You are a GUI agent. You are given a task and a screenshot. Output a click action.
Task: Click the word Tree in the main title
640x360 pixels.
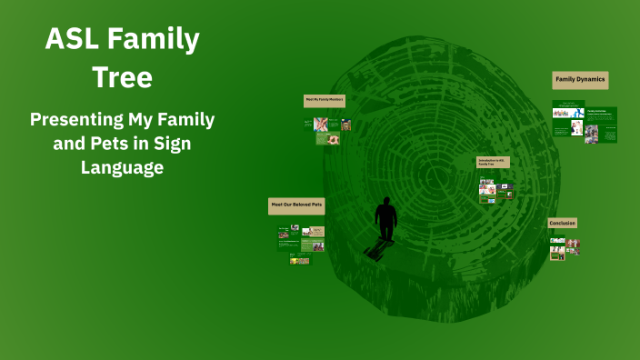click(x=122, y=77)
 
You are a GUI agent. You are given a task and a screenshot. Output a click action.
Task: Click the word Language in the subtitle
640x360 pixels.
click(x=122, y=167)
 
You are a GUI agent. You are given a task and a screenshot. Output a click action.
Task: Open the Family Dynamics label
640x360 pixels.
click(x=580, y=80)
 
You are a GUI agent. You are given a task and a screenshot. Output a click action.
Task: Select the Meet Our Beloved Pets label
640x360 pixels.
click(x=296, y=206)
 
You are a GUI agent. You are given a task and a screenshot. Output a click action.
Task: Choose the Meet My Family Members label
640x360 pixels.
click(x=324, y=100)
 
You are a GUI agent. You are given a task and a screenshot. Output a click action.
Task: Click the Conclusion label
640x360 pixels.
click(x=562, y=223)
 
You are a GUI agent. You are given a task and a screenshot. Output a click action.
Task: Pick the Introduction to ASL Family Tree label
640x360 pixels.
click(x=493, y=162)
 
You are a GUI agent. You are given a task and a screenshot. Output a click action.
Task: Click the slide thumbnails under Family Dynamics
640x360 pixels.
click(x=584, y=125)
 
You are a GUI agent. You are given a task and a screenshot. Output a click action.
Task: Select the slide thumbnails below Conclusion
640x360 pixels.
click(x=564, y=248)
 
